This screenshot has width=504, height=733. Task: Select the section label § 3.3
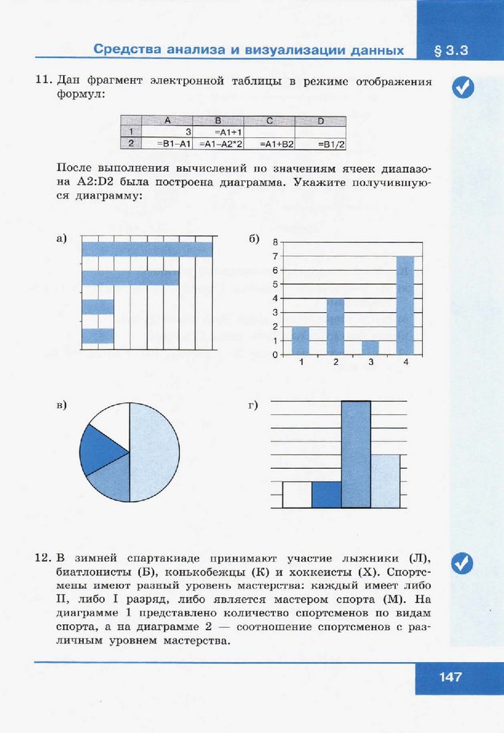tap(451, 51)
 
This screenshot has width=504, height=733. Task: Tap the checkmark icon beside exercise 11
tap(463, 88)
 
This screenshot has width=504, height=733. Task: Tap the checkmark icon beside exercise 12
tap(462, 563)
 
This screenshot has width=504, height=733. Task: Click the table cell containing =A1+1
tap(219, 132)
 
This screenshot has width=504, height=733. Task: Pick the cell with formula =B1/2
tap(321, 144)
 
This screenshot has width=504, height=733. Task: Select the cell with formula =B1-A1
tap(167, 144)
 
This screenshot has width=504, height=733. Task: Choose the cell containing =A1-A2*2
tap(219, 144)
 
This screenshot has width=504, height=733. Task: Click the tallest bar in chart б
tap(405, 305)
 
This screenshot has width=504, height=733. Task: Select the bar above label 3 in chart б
tap(370, 347)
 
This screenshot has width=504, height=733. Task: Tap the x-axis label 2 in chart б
tap(336, 363)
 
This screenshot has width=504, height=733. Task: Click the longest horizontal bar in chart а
tap(147, 249)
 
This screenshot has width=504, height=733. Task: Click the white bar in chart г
tap(297, 494)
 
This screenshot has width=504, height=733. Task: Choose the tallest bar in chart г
tap(356, 454)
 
